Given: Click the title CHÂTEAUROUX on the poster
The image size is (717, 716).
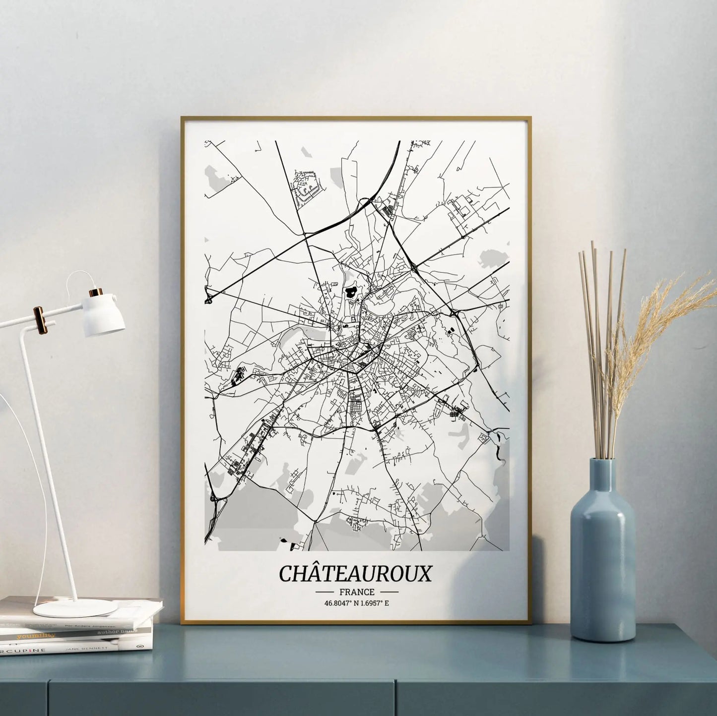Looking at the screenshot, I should tap(355, 573).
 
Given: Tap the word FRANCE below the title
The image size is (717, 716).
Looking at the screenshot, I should tap(357, 592).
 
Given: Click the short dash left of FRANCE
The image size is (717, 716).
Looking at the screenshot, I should tap(325, 592).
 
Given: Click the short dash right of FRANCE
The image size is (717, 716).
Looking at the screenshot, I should tap(389, 592).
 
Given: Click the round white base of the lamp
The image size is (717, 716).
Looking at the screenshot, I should tap(75, 608).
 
